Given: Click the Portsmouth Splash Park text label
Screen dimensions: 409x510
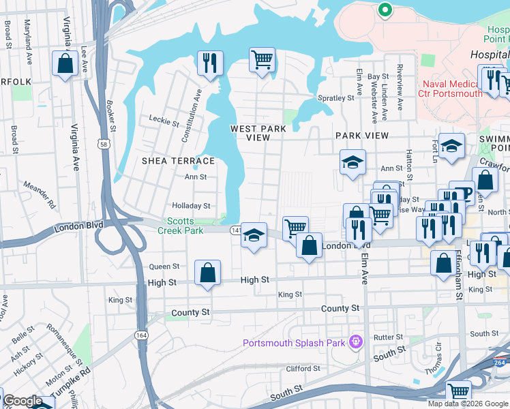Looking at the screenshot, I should click(x=294, y=343).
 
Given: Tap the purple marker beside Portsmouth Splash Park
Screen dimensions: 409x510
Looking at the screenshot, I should click(x=355, y=342).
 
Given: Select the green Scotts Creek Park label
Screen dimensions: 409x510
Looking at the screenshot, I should click(x=181, y=226).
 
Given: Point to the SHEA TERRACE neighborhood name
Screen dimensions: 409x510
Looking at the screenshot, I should click(x=178, y=161).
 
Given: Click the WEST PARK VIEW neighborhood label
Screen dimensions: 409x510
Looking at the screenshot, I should click(x=258, y=133).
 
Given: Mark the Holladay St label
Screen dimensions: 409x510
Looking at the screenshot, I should click(x=191, y=205).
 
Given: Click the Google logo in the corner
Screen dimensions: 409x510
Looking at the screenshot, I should click(x=22, y=401).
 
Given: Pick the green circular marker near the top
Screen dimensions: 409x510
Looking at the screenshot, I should click(x=384, y=10).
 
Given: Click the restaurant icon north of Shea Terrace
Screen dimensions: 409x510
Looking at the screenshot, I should click(x=210, y=63).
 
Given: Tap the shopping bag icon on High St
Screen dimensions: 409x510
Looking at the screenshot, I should click(x=207, y=273).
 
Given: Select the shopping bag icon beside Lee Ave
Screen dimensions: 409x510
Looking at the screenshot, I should click(x=65, y=64).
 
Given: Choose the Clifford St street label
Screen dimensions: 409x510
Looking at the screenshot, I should click(x=303, y=369).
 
